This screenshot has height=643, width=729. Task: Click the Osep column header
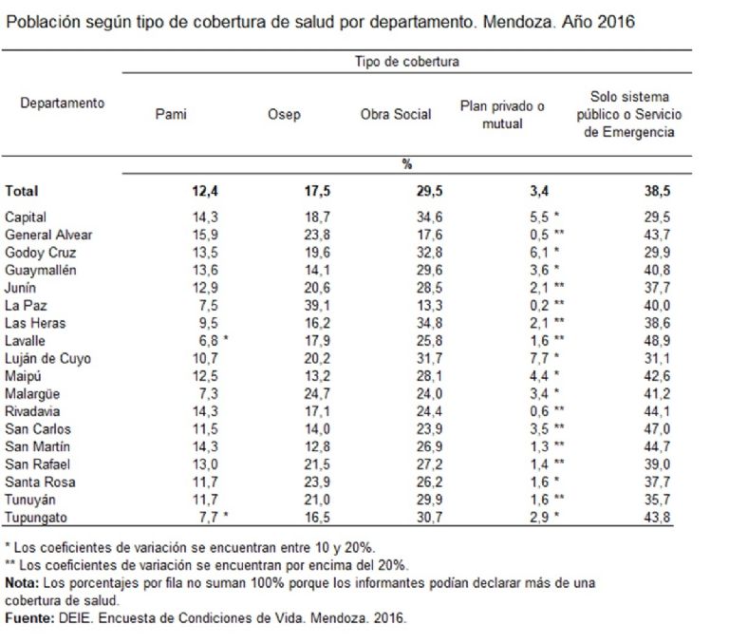(x=285, y=115)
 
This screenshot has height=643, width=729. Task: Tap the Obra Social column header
(x=396, y=115)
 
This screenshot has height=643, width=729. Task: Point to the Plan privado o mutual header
(x=502, y=115)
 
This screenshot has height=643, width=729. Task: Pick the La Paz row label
(x=25, y=305)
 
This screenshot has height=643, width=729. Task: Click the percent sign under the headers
(x=406, y=164)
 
